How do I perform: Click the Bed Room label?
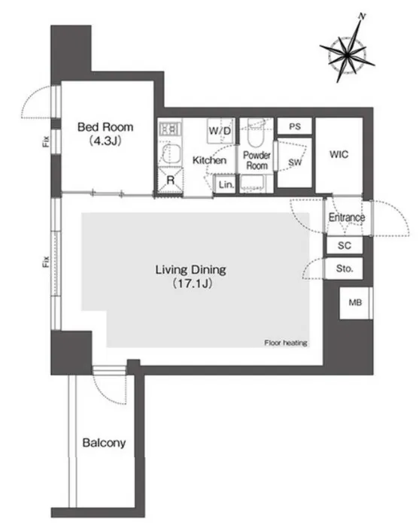[x=105, y=127]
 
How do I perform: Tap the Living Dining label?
[x=190, y=269]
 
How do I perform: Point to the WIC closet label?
[x=339, y=154]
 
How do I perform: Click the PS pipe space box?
[x=295, y=126]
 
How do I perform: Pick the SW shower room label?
[x=295, y=162]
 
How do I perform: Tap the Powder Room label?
[x=257, y=160]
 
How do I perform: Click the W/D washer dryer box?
[x=220, y=131]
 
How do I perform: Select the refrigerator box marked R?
[x=171, y=180]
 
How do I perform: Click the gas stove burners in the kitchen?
[x=170, y=129]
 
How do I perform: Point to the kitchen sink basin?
[x=170, y=154]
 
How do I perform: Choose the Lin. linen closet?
[x=226, y=184]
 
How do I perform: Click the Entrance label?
[x=347, y=217]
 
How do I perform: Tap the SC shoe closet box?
[x=345, y=245]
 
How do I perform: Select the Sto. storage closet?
[x=345, y=269]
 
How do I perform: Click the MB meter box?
[x=355, y=302]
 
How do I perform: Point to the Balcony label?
[x=104, y=442]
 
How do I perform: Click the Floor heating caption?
[x=286, y=343]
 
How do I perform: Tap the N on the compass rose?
[x=362, y=16]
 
